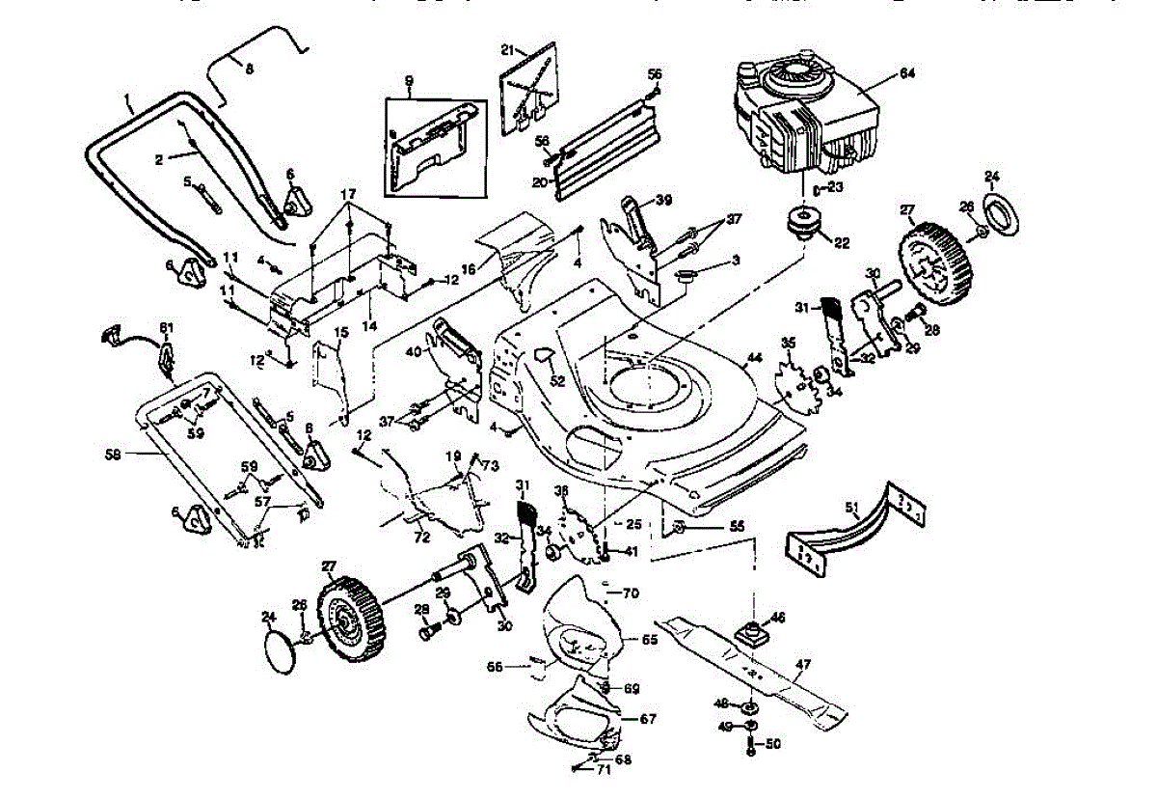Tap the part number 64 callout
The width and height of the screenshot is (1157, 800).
point(906,73)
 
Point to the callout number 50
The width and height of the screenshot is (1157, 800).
point(772,744)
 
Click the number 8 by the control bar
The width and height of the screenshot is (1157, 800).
point(249,69)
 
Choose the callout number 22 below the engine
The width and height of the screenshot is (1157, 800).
point(841,243)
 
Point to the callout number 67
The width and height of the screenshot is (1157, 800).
point(648,719)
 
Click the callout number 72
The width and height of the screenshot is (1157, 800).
point(420,535)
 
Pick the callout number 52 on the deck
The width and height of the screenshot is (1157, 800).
point(556,381)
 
